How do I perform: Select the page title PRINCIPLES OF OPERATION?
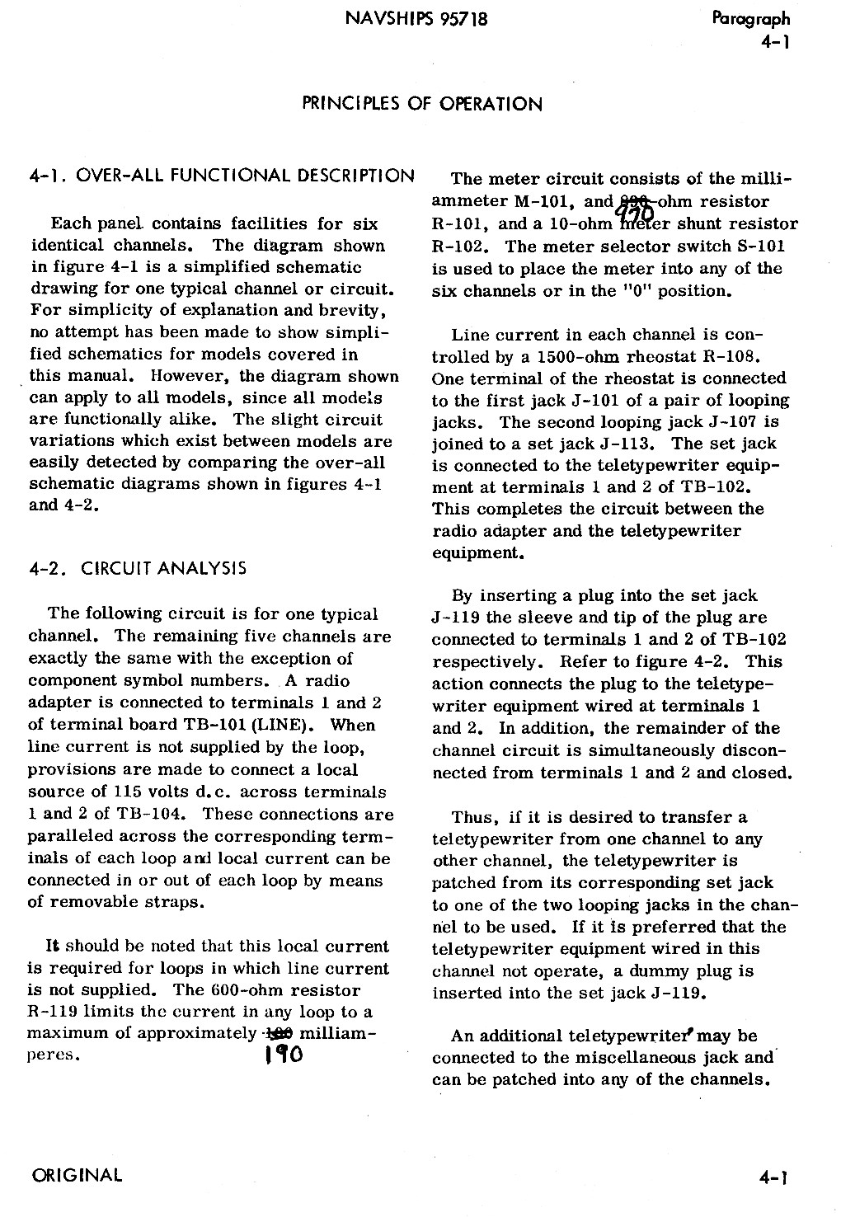tap(422, 104)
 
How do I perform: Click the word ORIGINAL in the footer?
tap(76, 1175)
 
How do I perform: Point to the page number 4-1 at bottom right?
tap(774, 1177)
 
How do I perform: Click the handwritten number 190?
tap(280, 1055)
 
